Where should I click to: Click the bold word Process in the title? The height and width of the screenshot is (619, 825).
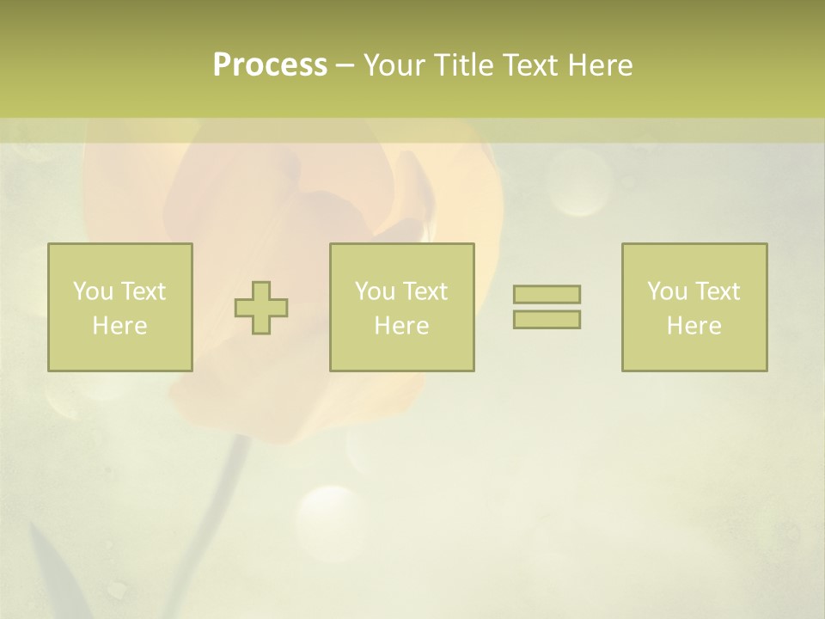tap(270, 65)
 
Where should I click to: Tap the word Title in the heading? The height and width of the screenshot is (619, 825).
tap(464, 65)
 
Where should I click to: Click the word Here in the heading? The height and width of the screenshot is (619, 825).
tap(600, 65)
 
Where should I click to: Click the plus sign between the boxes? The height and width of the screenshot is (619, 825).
tap(261, 308)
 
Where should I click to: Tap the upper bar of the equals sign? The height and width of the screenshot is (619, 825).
tap(547, 294)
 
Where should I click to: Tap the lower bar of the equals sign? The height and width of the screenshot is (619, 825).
tap(547, 319)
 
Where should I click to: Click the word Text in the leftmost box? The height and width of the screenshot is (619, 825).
tap(144, 291)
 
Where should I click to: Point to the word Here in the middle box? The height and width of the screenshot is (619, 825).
tap(401, 326)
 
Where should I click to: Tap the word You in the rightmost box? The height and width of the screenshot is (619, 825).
tap(667, 291)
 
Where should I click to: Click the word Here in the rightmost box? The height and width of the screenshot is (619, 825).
tap(694, 326)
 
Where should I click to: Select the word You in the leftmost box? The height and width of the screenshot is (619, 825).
tap(93, 291)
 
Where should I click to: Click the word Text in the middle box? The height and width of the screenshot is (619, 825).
tap(426, 291)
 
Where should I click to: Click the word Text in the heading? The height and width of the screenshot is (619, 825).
tap(530, 65)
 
